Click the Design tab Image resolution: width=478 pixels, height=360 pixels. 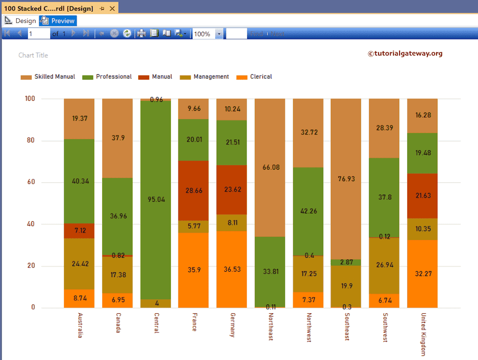coord(21,21)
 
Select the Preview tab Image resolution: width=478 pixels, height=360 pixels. coord(58,21)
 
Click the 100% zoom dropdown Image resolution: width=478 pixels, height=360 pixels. coord(219,34)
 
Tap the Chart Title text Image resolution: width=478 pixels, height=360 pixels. coord(33,55)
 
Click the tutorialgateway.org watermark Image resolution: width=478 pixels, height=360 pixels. coord(405,53)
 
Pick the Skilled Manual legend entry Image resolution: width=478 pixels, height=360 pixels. coord(48,77)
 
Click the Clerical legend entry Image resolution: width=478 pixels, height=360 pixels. coord(255,77)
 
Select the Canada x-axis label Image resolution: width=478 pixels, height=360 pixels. coord(118,323)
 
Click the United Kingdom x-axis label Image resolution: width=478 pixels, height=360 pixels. coord(423,334)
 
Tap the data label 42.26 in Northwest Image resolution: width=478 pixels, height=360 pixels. coord(308,211)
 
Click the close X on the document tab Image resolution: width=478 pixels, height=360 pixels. coord(112,8)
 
